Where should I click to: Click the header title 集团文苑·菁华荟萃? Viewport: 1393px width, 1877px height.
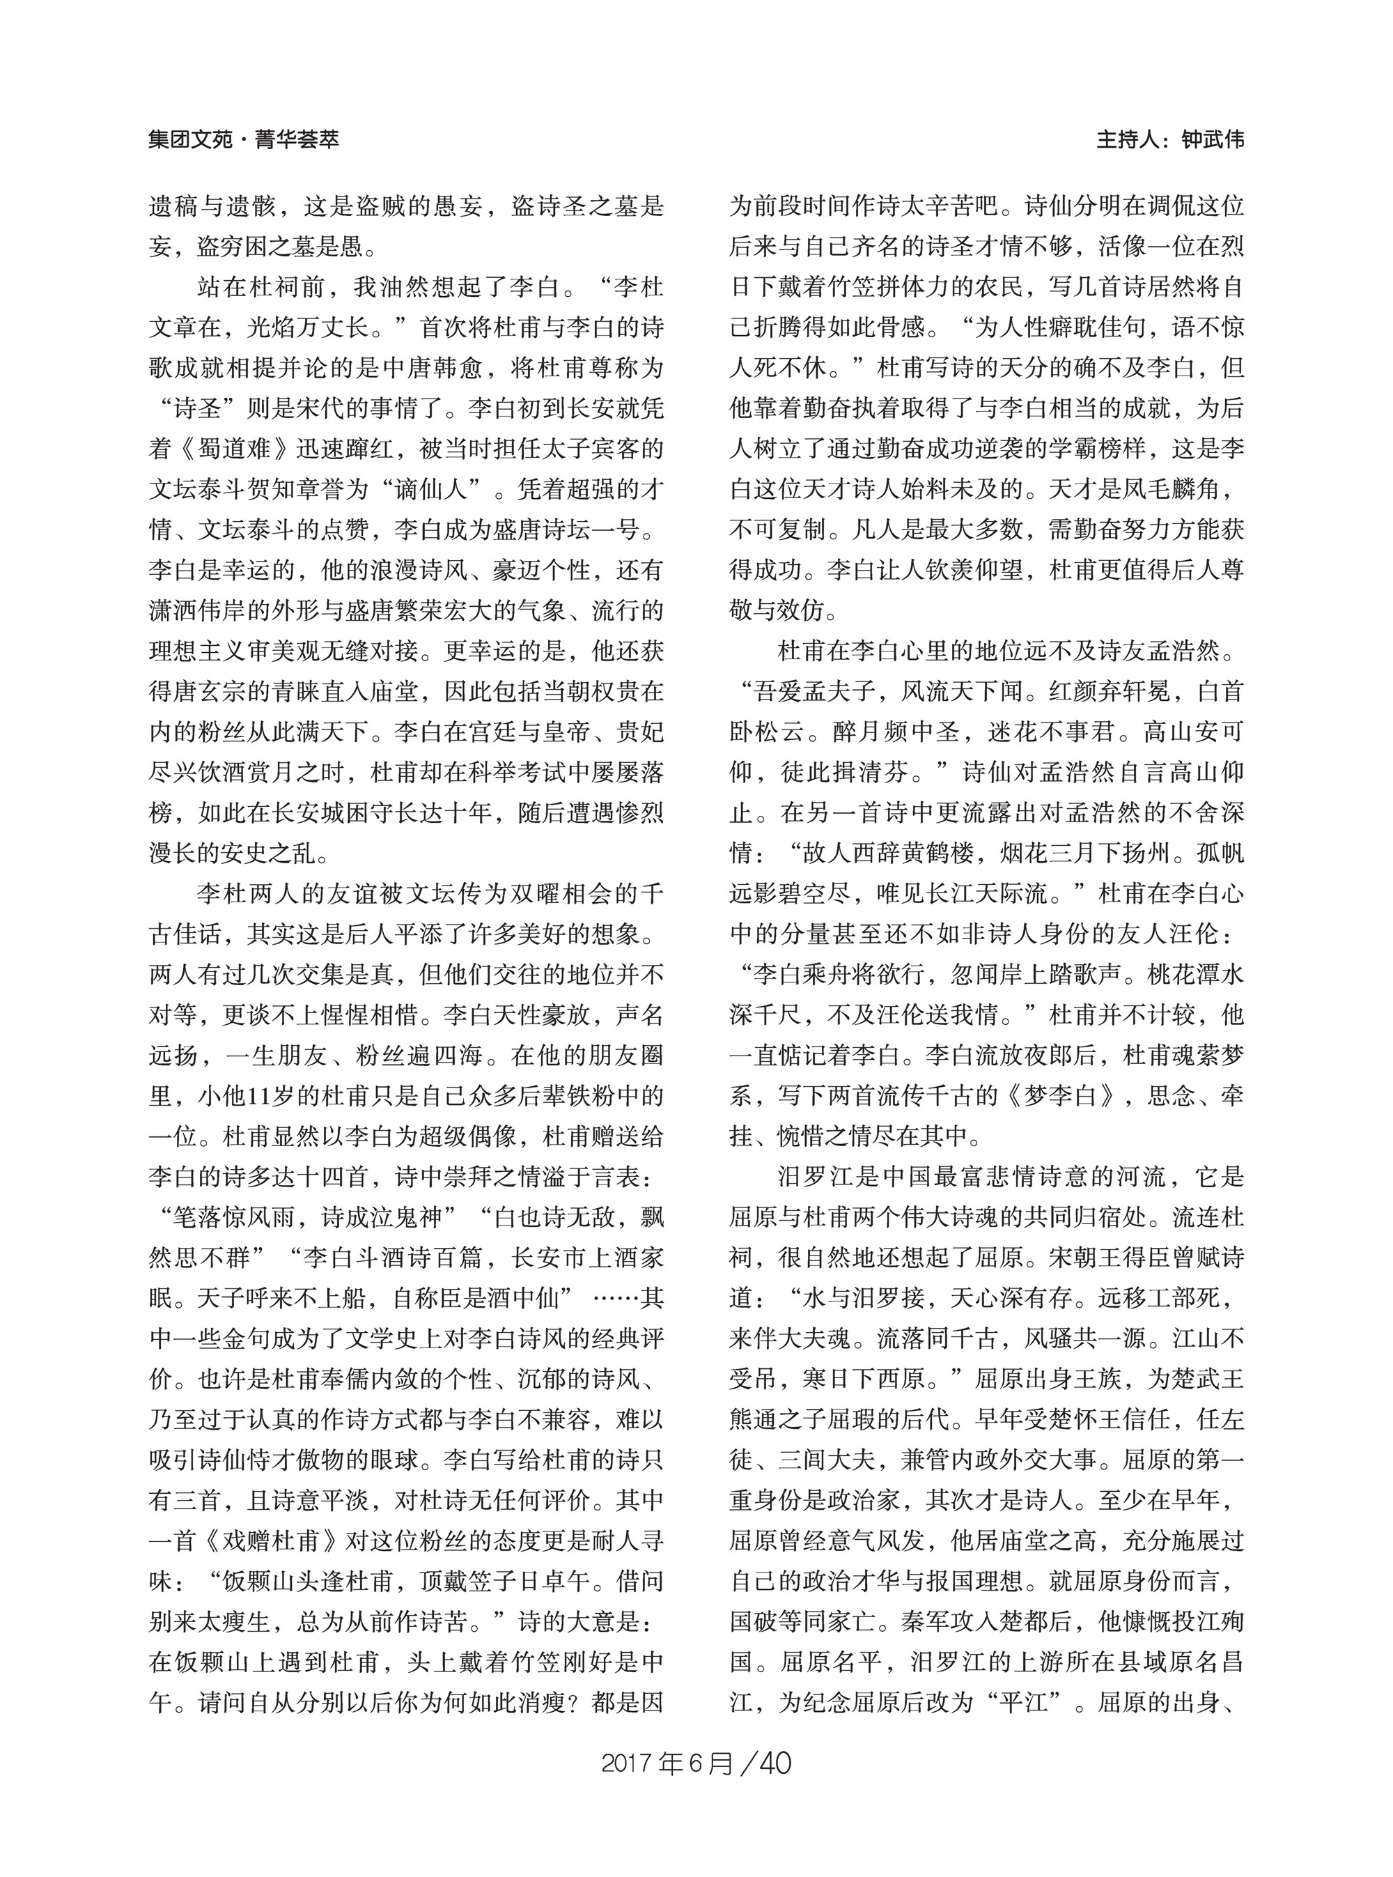click(244, 139)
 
